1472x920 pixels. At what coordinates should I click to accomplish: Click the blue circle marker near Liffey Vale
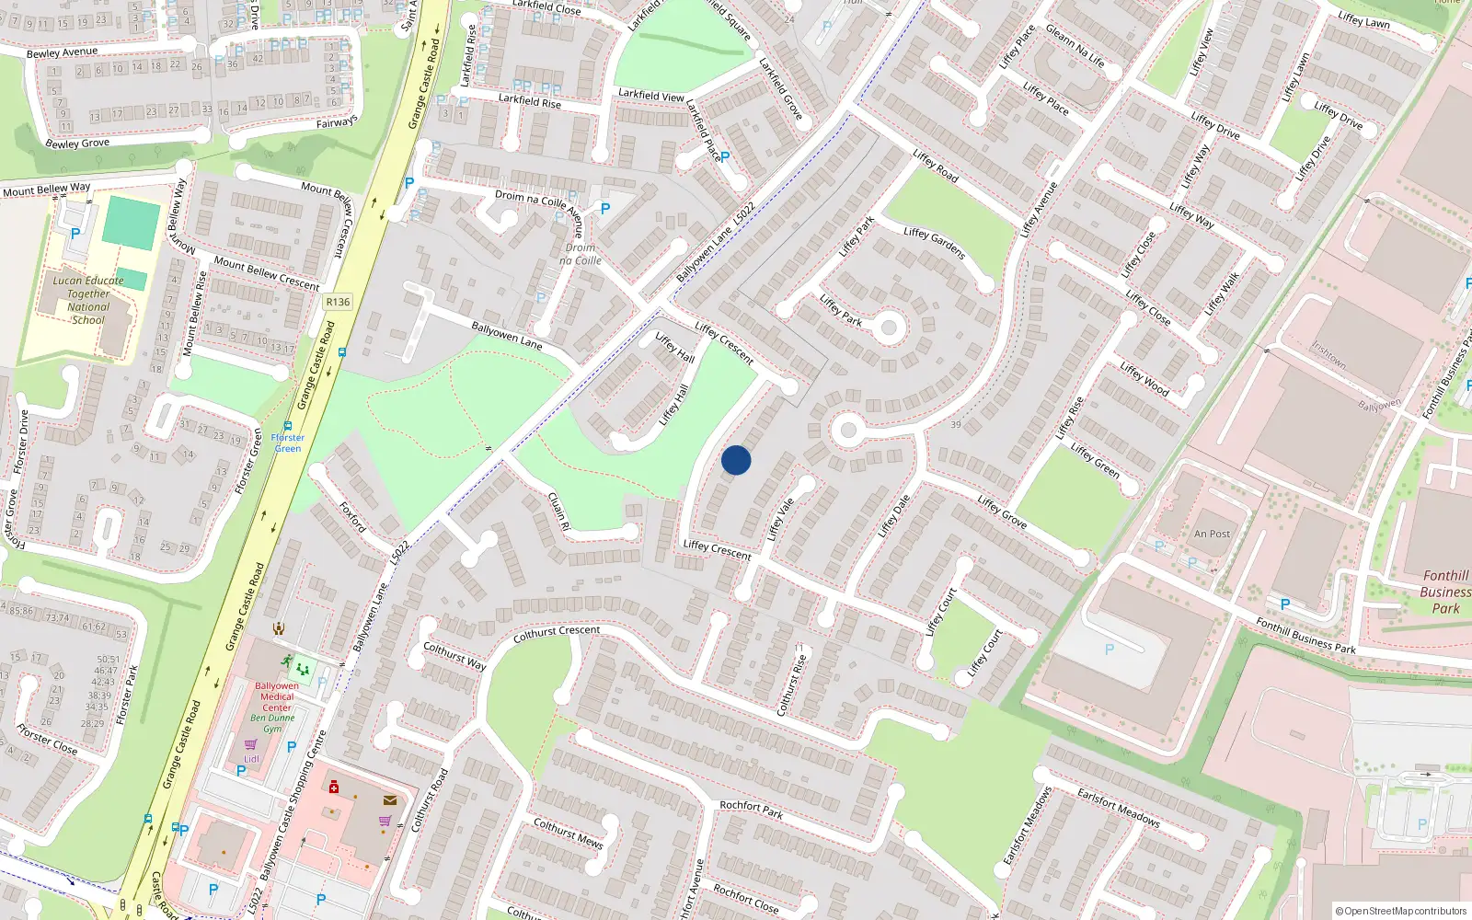736,460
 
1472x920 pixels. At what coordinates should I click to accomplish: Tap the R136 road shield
338,302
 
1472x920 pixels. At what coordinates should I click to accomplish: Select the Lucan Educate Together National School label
88,301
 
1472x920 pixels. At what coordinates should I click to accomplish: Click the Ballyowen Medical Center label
277,696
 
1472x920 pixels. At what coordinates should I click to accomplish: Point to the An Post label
1212,534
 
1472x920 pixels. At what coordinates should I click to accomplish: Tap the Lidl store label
251,759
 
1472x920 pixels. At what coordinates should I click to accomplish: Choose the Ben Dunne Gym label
272,723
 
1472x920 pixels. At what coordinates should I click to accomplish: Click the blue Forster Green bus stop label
288,443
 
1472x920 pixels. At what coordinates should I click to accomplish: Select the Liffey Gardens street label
934,244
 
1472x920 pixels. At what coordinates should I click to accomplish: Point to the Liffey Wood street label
1144,379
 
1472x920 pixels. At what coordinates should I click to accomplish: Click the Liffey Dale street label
893,516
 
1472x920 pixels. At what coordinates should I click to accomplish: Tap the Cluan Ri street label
558,512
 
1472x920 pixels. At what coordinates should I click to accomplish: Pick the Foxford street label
352,517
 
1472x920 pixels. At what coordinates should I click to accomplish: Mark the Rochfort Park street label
751,809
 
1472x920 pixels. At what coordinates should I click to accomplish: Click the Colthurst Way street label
454,655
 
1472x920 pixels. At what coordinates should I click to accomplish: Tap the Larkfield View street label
651,95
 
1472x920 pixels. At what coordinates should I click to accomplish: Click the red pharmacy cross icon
334,787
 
